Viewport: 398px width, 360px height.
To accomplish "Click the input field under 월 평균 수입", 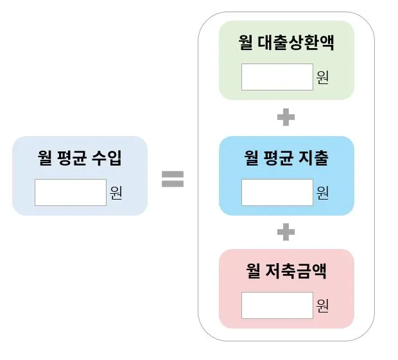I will (70, 193).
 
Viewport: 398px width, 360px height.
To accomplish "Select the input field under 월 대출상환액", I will (277, 77).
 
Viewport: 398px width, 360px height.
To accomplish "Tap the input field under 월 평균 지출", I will (277, 192).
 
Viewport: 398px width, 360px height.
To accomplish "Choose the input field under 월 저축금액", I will (277, 305).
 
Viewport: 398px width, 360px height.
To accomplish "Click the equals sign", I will (172, 178).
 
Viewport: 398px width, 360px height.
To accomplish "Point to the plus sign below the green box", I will (286, 117).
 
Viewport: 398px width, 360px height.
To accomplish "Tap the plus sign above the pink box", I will (286, 232).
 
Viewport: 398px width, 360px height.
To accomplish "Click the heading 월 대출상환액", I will (286, 44).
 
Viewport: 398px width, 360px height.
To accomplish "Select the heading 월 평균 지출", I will (286, 158).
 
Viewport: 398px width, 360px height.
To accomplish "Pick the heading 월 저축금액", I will (286, 271).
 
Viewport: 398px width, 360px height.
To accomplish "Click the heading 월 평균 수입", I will (80, 158).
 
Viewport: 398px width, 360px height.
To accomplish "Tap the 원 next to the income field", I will (116, 193).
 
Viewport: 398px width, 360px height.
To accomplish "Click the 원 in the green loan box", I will (322, 78).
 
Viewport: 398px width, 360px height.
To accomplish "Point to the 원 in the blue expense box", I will (322, 192).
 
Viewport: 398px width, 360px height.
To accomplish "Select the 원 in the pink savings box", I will (322, 305).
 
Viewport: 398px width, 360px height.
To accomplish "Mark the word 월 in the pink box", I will (252, 271).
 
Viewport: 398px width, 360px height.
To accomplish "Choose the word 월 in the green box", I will (245, 44).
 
